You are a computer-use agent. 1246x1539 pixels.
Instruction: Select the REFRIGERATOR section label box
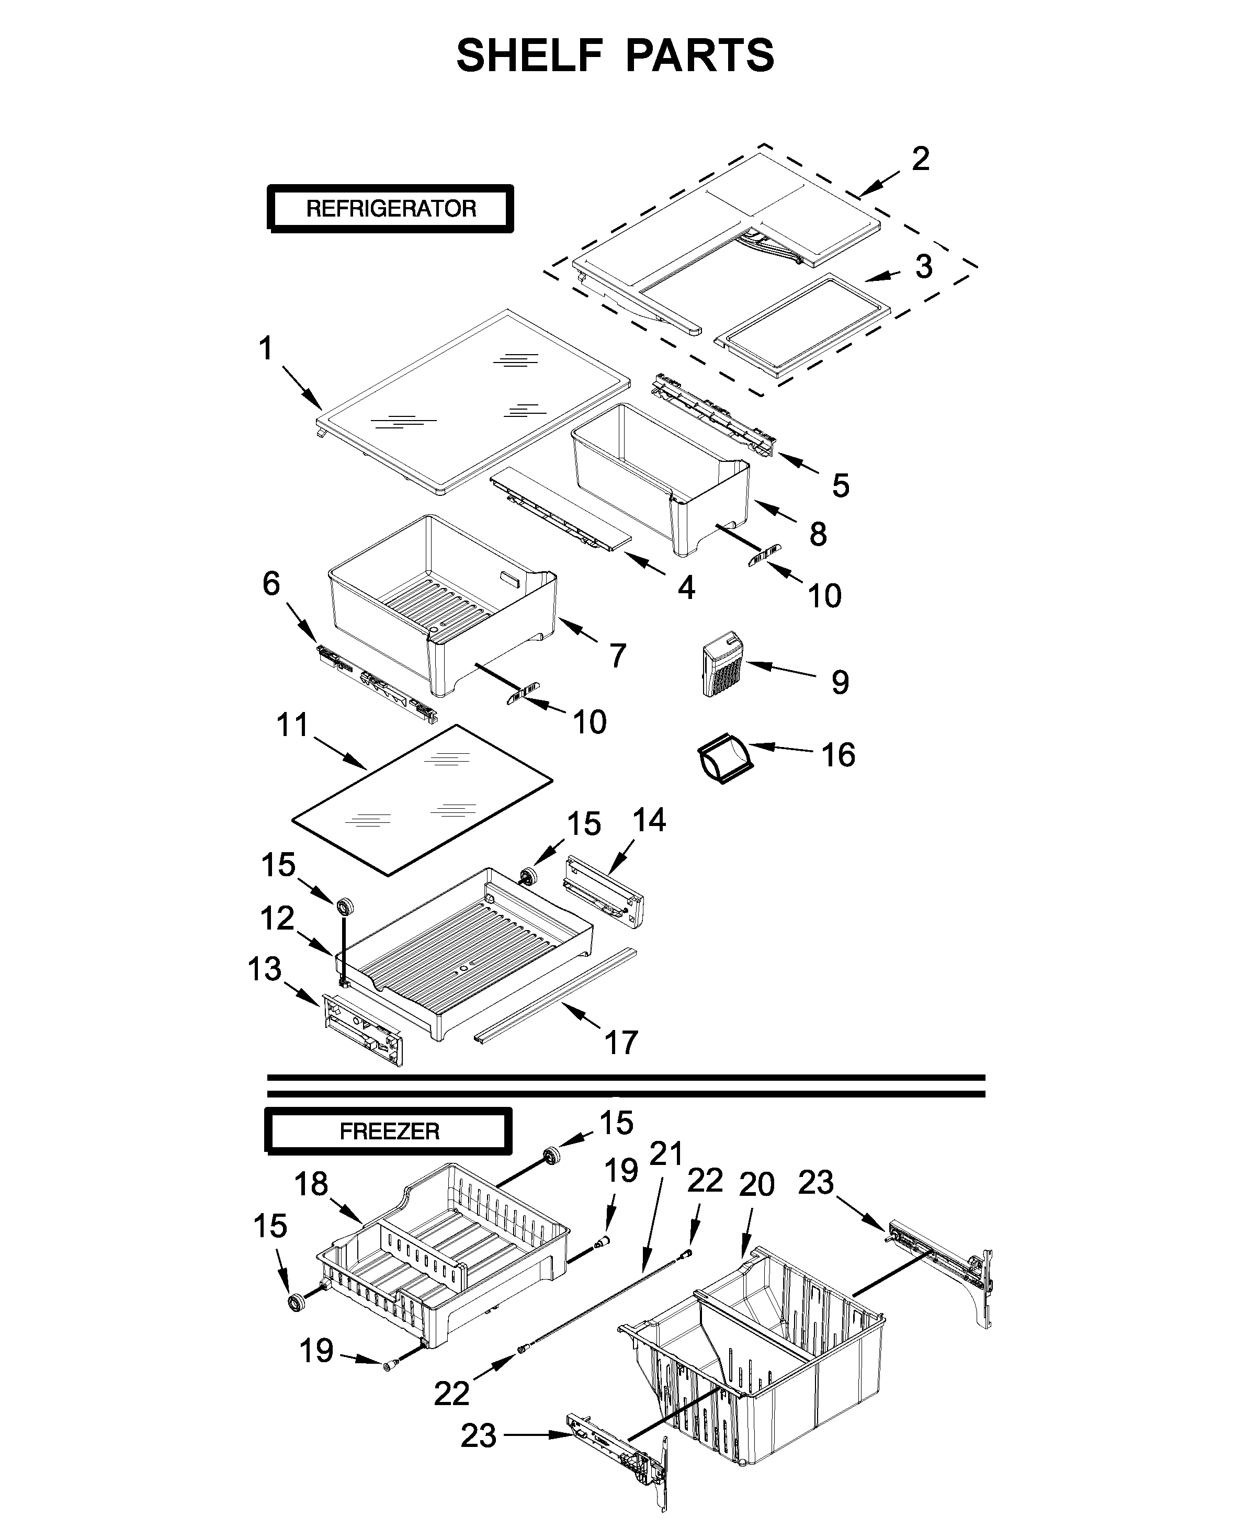pos(390,209)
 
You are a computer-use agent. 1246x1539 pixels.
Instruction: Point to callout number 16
pos(837,755)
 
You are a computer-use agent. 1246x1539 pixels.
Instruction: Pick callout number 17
pos(621,1042)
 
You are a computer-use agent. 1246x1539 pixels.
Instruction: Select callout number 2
pos(920,159)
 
